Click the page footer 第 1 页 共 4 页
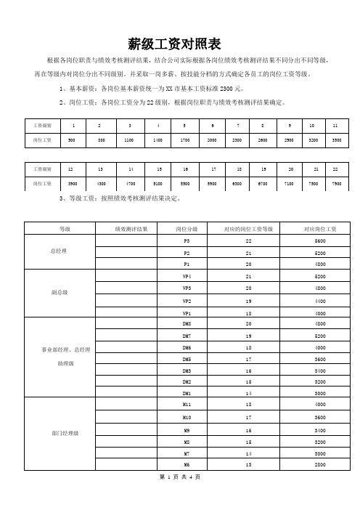[x=179, y=498]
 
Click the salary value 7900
[x=336, y=184]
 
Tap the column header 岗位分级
[x=187, y=229]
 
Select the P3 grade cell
[x=187, y=240]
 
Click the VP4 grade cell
[x=187, y=277]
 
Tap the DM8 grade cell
[x=187, y=323]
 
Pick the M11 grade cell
[x=187, y=403]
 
